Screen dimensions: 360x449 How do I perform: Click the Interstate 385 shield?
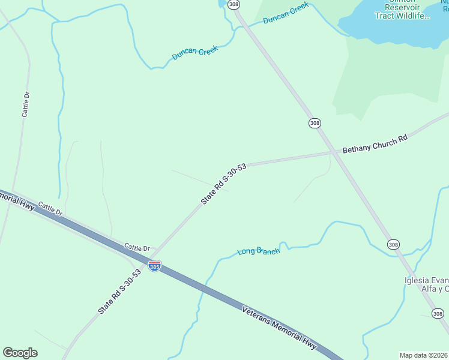pos(154,266)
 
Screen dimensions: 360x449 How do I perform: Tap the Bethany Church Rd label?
pos(375,145)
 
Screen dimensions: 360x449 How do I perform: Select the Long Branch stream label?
pos(259,251)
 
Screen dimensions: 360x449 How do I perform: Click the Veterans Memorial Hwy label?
pos(279,328)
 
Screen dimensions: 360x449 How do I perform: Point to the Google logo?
pos(20,353)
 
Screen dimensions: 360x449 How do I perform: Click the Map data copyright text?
pos(424,355)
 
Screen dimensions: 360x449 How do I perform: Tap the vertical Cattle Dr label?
pos(25,105)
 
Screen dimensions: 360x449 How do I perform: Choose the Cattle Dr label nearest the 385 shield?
pos(137,247)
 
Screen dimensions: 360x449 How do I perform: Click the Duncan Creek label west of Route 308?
pos(194,53)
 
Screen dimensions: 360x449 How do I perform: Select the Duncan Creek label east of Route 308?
pos(286,13)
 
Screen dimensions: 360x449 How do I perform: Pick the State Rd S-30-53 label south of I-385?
pos(120,292)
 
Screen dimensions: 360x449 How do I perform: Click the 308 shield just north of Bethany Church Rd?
pos(315,123)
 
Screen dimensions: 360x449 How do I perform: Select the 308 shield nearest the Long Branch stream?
pos(393,244)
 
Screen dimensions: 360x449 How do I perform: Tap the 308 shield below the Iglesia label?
pos(438,313)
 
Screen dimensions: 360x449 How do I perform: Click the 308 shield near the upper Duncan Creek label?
pos(234,5)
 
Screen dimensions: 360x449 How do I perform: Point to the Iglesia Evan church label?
pos(426,284)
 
